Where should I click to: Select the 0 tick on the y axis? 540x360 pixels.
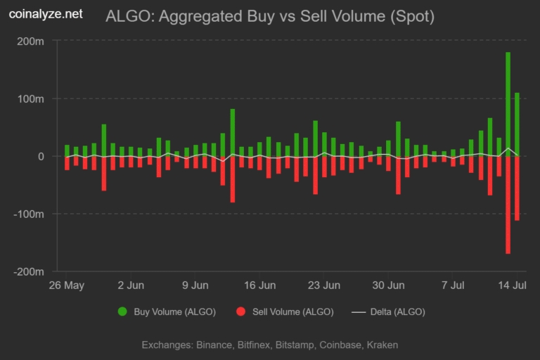click(41, 156)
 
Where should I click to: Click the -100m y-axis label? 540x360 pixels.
click(30, 214)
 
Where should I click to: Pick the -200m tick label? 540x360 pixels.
click(30, 271)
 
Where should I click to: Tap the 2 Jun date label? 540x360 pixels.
click(131, 285)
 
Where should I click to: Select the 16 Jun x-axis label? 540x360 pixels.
click(259, 285)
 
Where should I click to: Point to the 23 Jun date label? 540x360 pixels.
click(324, 285)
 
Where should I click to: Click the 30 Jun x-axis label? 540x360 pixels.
click(388, 285)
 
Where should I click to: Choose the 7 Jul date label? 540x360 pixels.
click(454, 285)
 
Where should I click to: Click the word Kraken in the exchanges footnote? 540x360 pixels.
click(382, 345)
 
